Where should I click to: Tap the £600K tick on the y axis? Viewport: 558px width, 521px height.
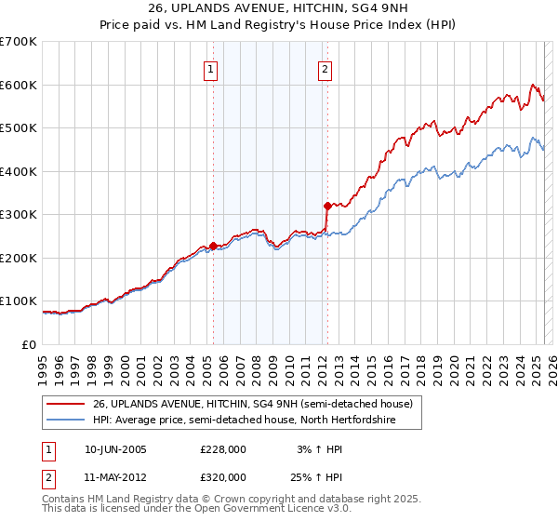(19, 85)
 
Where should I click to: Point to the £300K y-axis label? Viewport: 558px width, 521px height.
(19, 214)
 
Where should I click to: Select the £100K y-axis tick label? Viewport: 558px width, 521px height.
(19, 301)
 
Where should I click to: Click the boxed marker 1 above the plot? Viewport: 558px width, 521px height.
(211, 68)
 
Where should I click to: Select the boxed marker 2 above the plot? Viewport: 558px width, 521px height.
(325, 68)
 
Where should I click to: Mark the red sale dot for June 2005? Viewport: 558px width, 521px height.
(213, 246)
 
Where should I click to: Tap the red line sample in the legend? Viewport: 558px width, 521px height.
(67, 404)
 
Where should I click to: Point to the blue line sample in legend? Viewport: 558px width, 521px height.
(67, 421)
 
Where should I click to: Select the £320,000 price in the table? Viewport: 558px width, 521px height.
(223, 476)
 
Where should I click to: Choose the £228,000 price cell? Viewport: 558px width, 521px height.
(223, 449)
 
